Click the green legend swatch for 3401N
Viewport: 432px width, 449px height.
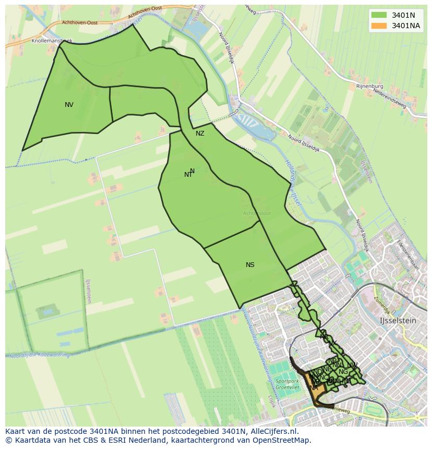[x=379, y=15]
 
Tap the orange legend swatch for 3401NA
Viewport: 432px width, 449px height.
[x=379, y=26]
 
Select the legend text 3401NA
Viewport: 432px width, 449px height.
[x=406, y=26]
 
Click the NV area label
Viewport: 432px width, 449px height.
[x=69, y=105]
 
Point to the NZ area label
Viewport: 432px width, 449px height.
[x=200, y=134]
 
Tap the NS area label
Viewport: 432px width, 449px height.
[x=250, y=265]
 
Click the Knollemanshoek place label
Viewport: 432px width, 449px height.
[x=52, y=40]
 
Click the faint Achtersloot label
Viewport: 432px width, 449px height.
[x=257, y=213]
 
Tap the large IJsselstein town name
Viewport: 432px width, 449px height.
[x=398, y=321]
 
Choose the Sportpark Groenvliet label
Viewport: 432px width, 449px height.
[x=286, y=385]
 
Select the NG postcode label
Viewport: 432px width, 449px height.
[x=343, y=372]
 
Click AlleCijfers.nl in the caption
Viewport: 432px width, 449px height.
[x=279, y=431]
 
